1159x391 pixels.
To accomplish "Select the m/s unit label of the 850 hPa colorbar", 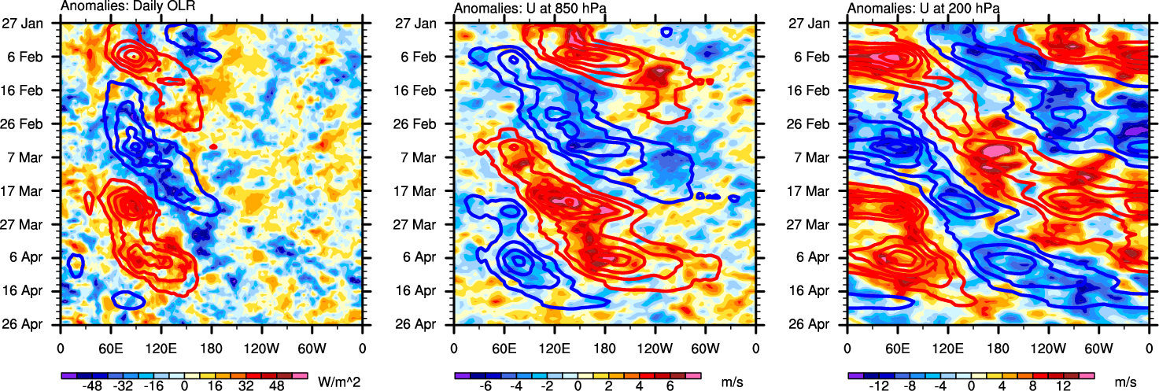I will click(733, 382).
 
